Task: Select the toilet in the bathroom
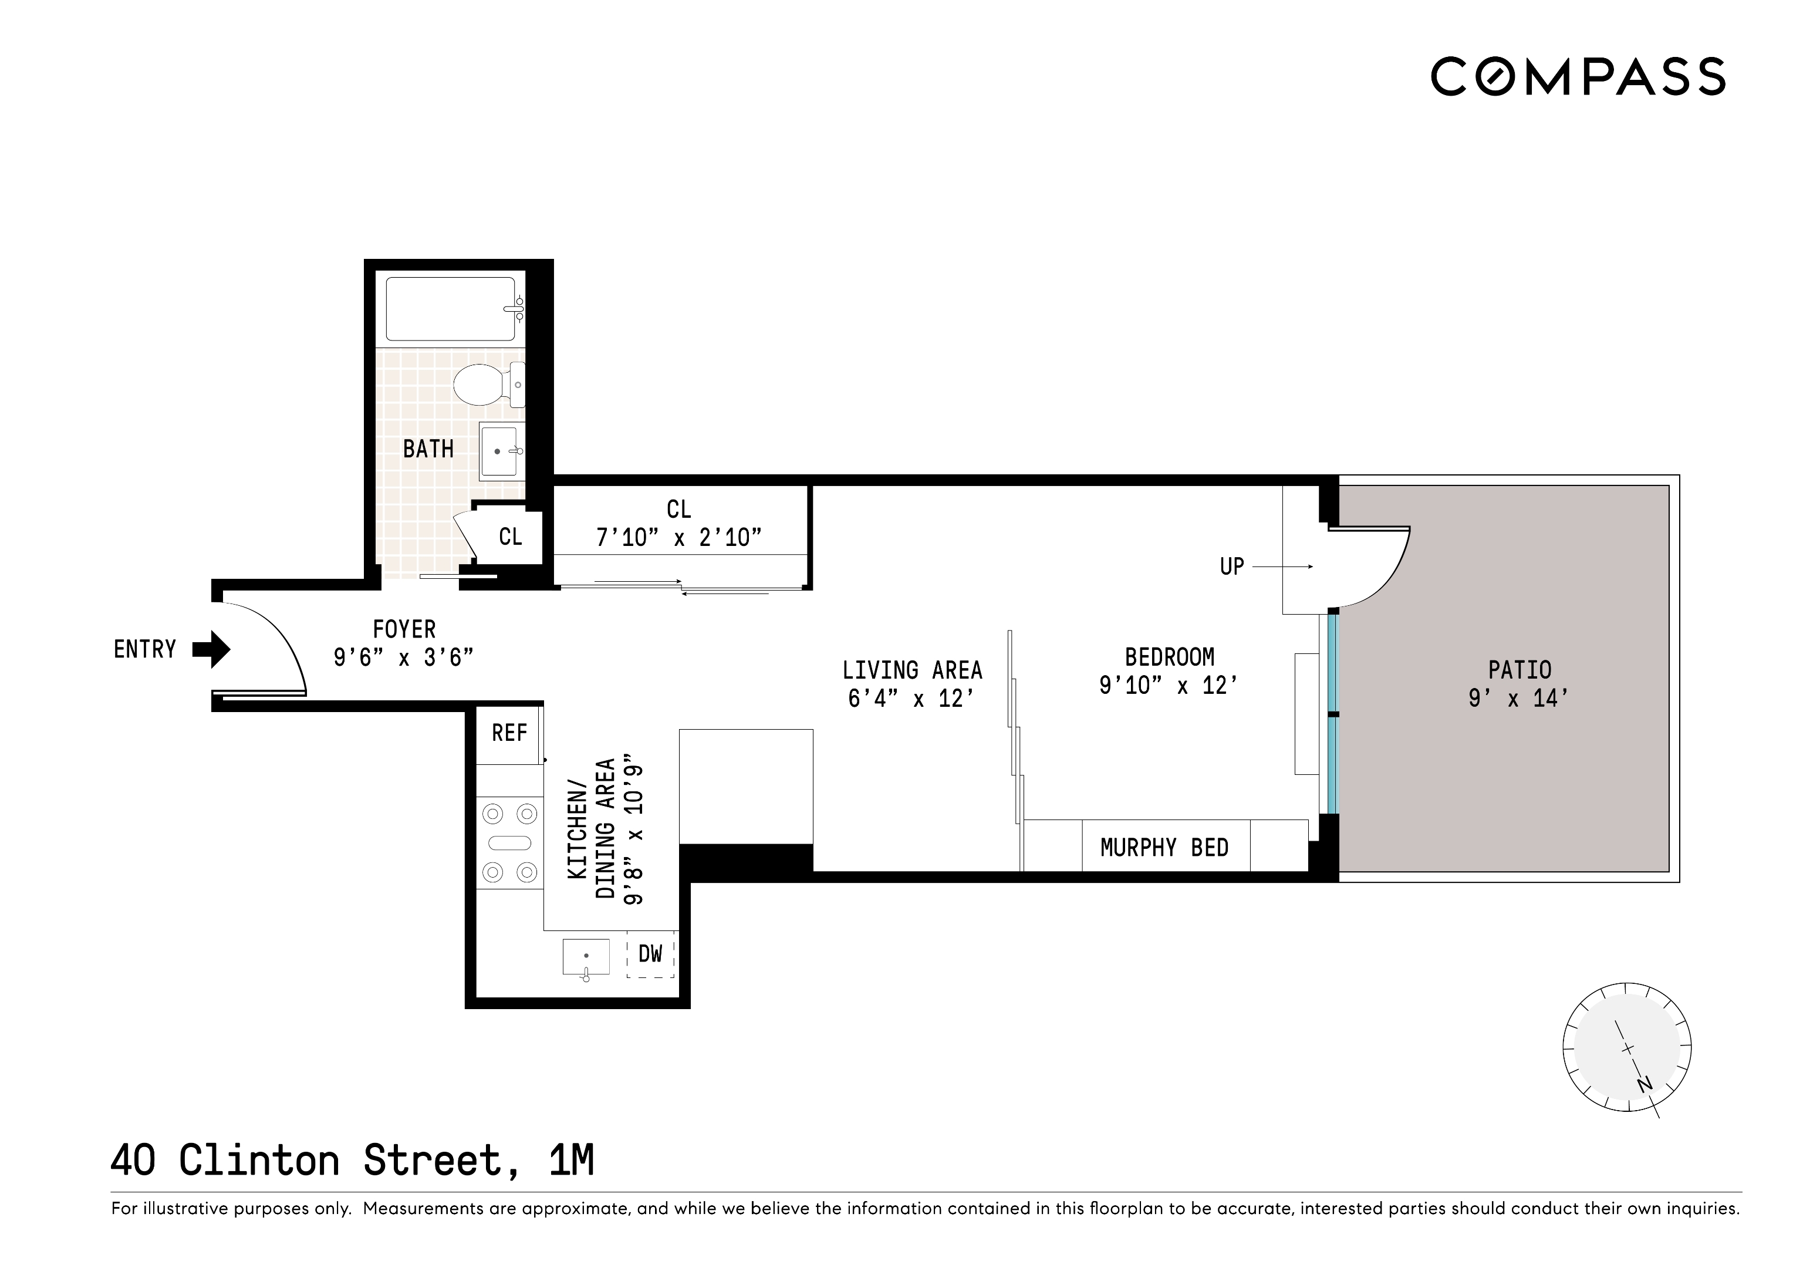[x=482, y=385]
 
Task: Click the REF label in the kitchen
[x=509, y=733]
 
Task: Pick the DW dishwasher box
[x=650, y=954]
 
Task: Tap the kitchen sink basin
[x=586, y=956]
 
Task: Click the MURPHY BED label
[x=1164, y=848]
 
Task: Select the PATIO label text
[x=1520, y=670]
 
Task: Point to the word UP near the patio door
[x=1231, y=566]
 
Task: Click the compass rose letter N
[x=1645, y=1084]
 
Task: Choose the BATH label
[x=428, y=449]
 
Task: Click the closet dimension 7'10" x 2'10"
[x=678, y=538]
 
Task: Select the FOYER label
[x=404, y=629]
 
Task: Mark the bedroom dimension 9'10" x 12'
[x=1169, y=685]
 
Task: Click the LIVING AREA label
[x=912, y=670]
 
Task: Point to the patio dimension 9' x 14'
[x=1519, y=697]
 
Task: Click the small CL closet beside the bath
[x=510, y=537]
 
